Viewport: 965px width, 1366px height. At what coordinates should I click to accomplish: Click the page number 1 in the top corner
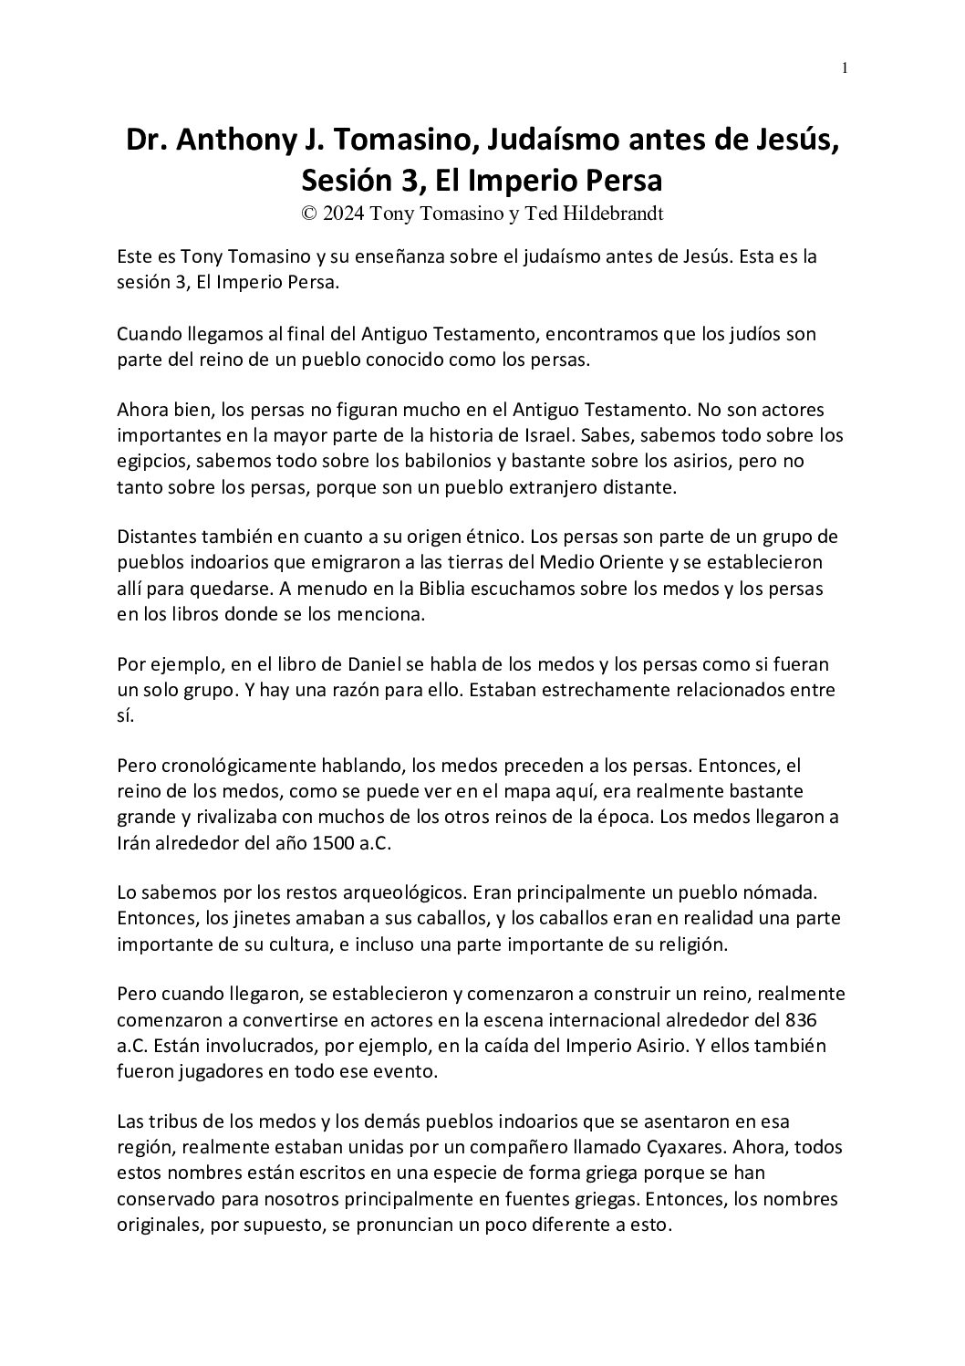coord(845,68)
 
